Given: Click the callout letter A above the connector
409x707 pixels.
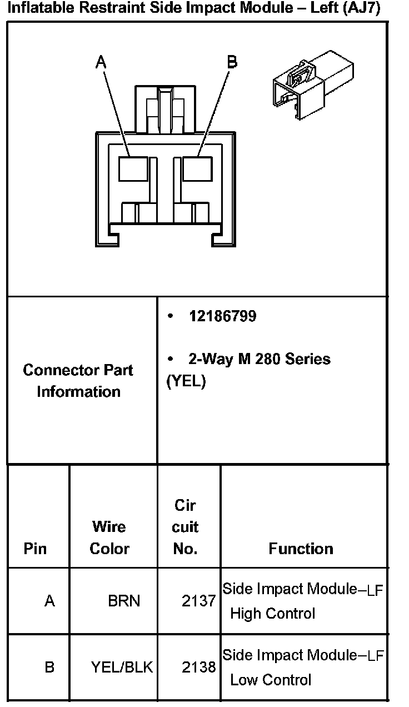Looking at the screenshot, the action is (101, 62).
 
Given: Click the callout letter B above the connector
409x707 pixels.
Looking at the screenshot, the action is (232, 62).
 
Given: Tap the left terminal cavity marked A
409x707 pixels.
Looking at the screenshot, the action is (133, 169).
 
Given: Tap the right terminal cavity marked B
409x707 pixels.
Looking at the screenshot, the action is (197, 169).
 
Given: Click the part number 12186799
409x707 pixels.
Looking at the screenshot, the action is (222, 316).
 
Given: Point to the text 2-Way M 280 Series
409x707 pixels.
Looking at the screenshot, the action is (259, 359).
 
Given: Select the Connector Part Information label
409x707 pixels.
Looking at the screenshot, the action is (78, 381).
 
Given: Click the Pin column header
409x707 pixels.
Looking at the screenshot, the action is (35, 549).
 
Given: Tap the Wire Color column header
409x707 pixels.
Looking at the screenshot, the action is (109, 537).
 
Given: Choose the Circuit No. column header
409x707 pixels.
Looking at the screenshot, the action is (185, 527).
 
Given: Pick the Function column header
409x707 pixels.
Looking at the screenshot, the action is (301, 549).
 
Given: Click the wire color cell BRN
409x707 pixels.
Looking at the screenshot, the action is (124, 601).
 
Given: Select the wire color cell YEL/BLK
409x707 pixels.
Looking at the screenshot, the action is (122, 667).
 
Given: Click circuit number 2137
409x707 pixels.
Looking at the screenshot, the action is (198, 601).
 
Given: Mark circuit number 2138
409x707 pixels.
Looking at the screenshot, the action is (198, 667).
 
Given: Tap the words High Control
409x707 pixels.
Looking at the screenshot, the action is (272, 614).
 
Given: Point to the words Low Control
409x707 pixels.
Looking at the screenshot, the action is (271, 680).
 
